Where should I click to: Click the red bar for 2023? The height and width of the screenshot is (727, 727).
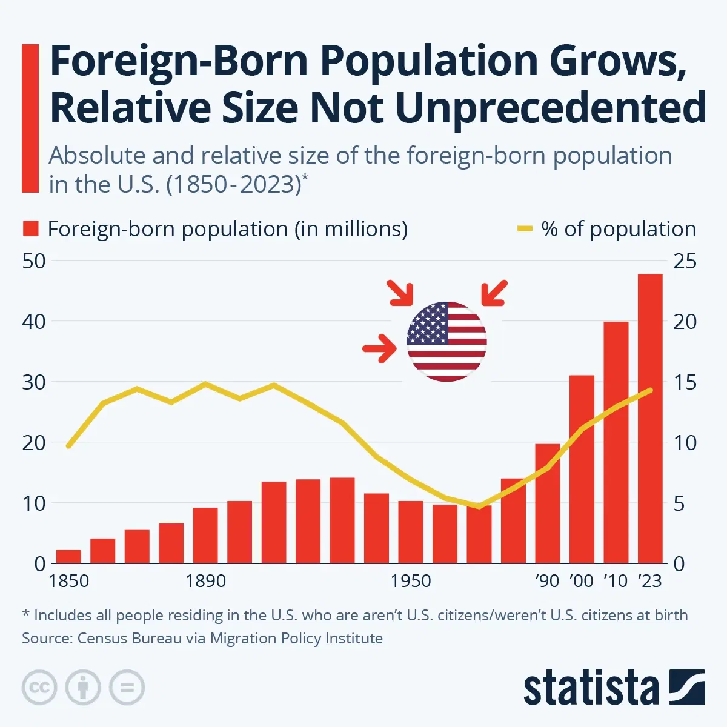(650, 418)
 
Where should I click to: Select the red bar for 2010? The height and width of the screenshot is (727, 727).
(616, 442)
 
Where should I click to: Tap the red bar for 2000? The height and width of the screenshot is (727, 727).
(582, 470)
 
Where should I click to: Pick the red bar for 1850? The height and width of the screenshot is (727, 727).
(68, 556)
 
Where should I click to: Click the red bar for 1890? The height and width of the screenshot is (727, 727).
(205, 535)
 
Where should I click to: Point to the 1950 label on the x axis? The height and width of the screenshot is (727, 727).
(411, 581)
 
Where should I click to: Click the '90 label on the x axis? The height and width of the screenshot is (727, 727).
(547, 581)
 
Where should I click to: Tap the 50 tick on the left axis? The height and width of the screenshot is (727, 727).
(34, 261)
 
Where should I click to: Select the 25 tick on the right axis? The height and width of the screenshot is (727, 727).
(685, 261)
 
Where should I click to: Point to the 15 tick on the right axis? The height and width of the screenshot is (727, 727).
(685, 382)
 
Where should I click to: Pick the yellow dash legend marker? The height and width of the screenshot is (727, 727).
(524, 229)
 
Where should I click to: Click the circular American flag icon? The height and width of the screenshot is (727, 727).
(446, 342)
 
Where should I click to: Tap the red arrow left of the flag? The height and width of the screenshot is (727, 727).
(379, 348)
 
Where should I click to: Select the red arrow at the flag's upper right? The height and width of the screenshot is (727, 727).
(494, 293)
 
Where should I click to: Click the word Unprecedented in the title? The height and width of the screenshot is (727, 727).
(551, 108)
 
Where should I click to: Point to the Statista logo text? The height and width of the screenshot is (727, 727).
(591, 688)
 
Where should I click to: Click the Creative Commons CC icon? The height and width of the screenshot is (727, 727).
(39, 688)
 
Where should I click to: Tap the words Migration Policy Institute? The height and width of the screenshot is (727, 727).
(296, 638)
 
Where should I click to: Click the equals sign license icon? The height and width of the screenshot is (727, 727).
(127, 688)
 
